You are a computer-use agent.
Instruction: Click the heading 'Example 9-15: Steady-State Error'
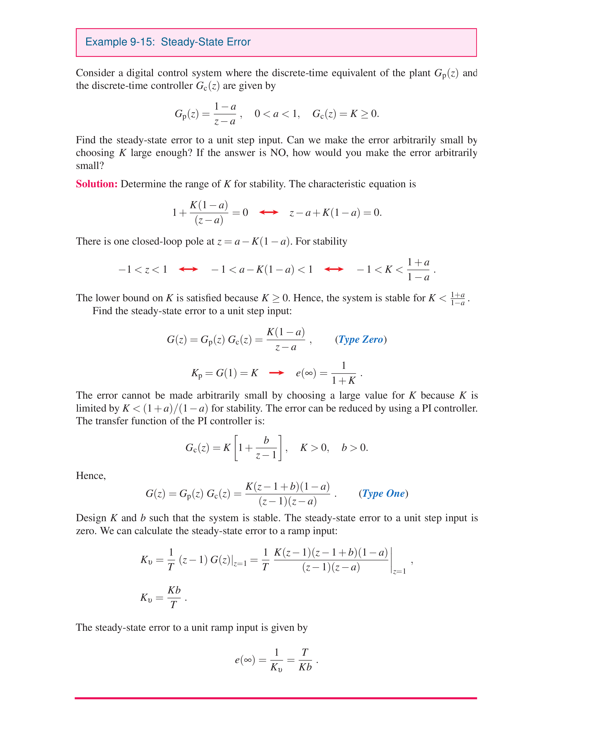(x=168, y=42)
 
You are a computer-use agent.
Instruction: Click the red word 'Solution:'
(x=97, y=184)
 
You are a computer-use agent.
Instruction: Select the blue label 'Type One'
(x=383, y=493)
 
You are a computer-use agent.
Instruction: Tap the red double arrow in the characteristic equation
(x=269, y=212)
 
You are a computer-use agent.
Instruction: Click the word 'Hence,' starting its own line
(x=91, y=476)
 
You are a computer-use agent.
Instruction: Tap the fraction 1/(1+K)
(x=344, y=373)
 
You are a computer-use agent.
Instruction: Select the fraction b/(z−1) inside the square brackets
(x=266, y=447)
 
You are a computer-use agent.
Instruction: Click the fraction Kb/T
(x=174, y=597)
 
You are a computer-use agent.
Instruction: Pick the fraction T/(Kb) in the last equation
(x=305, y=660)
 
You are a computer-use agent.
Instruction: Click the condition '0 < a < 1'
(x=277, y=114)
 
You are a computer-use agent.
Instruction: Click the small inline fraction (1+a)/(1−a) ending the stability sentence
(x=458, y=299)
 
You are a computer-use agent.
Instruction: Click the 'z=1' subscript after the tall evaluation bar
(x=399, y=571)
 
